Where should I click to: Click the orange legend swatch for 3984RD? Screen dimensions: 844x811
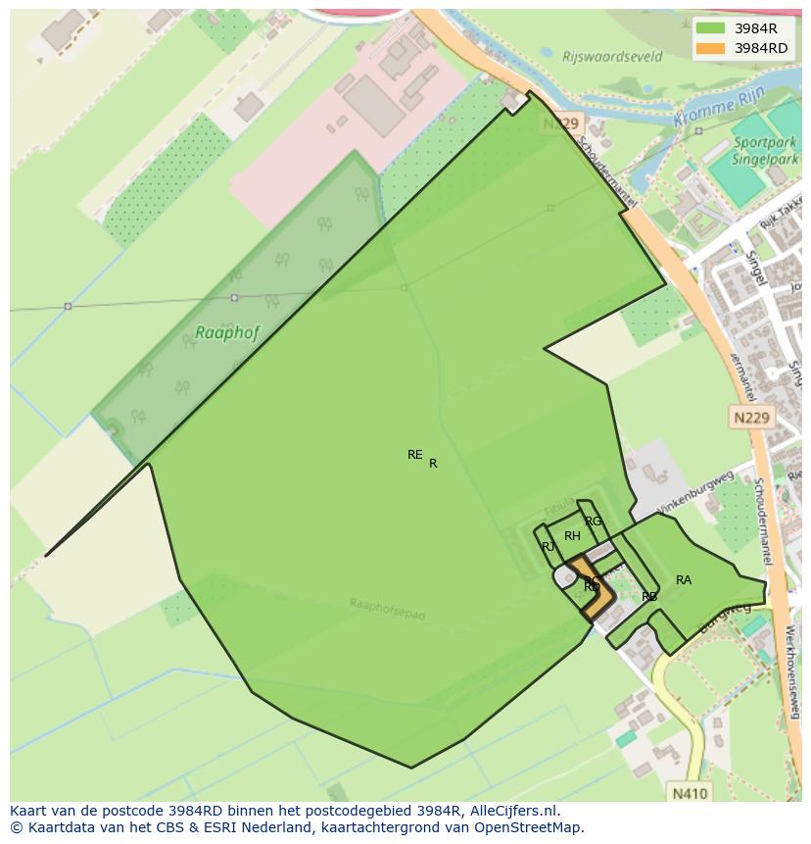coord(711,48)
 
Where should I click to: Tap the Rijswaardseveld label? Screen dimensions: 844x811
coord(612,57)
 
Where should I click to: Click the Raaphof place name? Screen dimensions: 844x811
coord(227,332)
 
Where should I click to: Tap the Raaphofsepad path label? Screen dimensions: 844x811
coord(387,609)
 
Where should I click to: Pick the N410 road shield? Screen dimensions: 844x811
coord(691,792)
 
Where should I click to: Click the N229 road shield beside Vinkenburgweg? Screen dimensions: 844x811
coord(752,418)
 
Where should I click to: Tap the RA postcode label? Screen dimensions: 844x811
coord(684,580)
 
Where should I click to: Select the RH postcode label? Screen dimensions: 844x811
coord(572,536)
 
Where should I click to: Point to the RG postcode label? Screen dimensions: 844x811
coord(593,521)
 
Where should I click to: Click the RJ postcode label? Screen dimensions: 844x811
coord(549,546)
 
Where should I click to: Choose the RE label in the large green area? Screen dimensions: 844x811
coord(414,455)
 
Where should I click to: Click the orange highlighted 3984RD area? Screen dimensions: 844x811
coord(597,598)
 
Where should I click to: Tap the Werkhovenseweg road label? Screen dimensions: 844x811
coord(794,666)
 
